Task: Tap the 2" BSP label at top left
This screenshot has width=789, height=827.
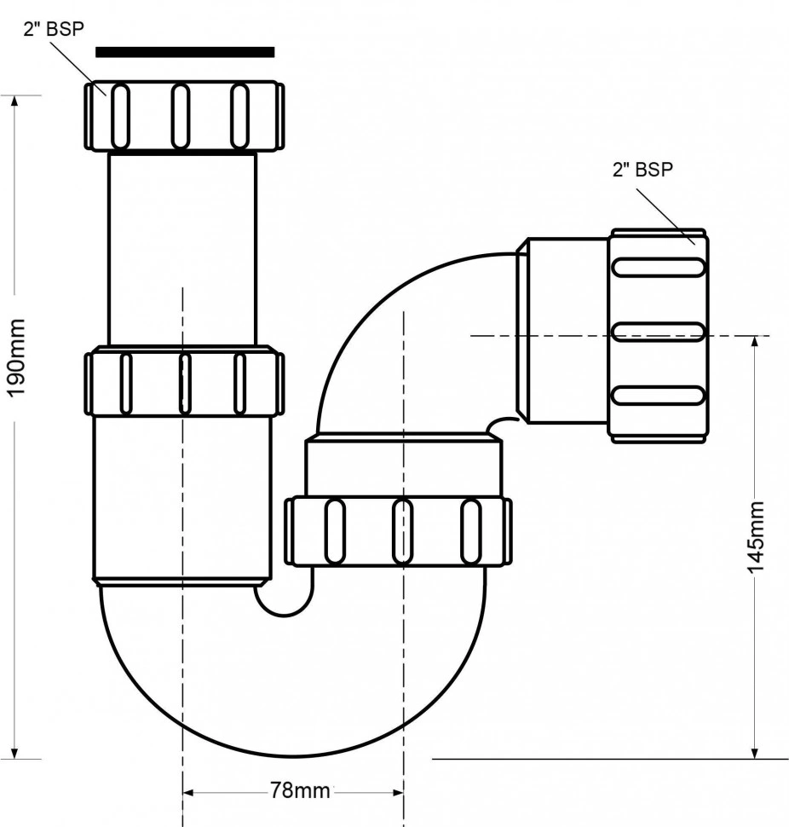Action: pos(54,28)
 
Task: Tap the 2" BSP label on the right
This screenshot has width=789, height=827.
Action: pos(642,169)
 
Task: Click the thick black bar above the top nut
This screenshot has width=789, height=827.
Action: pos(185,52)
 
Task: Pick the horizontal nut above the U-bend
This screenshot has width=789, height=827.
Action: pos(398,530)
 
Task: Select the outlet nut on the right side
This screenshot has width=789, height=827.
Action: pos(658,334)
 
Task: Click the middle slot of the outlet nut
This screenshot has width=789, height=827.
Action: pos(659,331)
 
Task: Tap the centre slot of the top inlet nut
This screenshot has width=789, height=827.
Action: pos(181,116)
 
